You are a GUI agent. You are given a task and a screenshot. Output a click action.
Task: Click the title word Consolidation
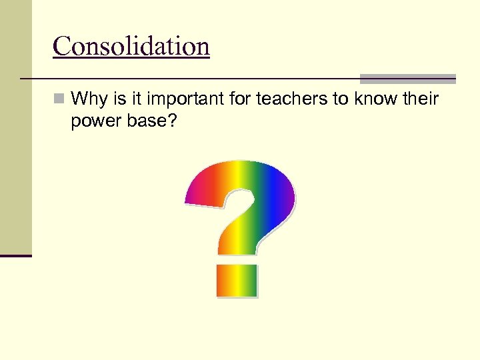coord(131,47)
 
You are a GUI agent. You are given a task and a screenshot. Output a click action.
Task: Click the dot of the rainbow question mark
coord(236,280)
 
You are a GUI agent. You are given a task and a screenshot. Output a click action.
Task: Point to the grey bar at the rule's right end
coord(407,78)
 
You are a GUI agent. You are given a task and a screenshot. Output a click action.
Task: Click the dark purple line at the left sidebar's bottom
coord(15,255)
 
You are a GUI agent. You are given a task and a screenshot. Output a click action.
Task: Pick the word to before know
coord(341,99)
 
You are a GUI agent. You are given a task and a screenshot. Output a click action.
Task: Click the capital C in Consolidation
coord(62,47)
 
